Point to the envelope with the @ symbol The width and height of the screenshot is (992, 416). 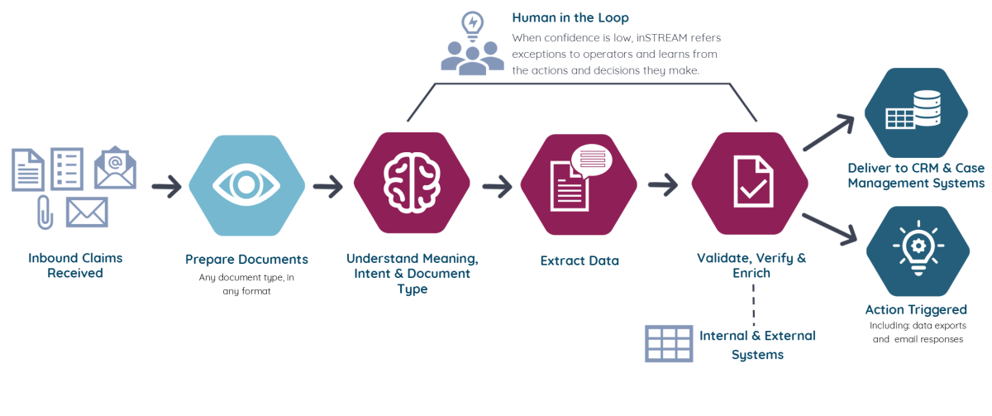click(x=115, y=168)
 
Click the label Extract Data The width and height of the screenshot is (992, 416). click(x=579, y=261)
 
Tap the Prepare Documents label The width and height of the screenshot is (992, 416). click(x=246, y=260)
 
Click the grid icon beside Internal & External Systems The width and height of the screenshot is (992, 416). click(x=669, y=343)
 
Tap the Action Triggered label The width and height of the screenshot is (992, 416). click(x=915, y=310)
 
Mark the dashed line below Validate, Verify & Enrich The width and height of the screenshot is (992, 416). click(x=754, y=302)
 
